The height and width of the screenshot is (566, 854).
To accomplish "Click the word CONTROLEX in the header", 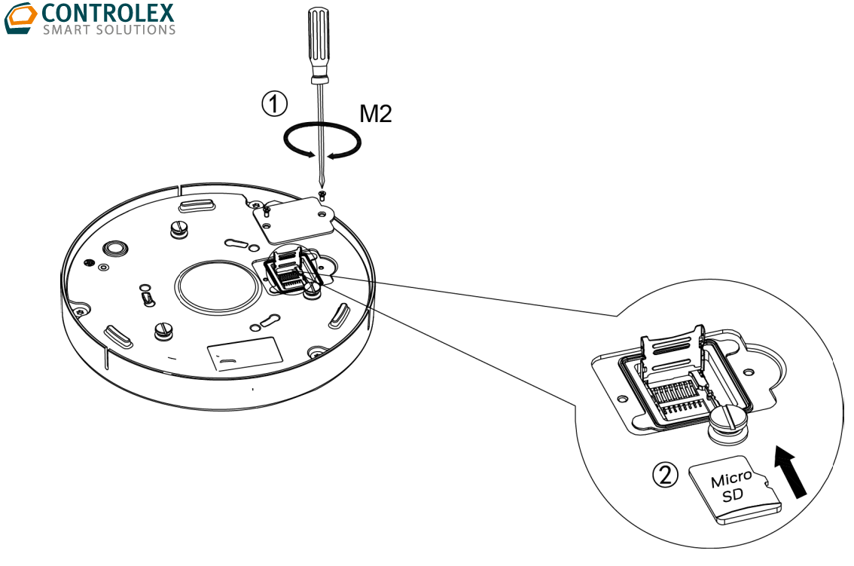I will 108,13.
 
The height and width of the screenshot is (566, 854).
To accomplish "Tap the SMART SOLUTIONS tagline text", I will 109,30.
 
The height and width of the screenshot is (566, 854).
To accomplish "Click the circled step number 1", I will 273,103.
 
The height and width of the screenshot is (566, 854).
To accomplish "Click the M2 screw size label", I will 374,115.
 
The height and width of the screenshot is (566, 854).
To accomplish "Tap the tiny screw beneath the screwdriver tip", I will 323,194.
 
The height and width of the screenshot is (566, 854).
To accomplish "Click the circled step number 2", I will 664,474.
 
